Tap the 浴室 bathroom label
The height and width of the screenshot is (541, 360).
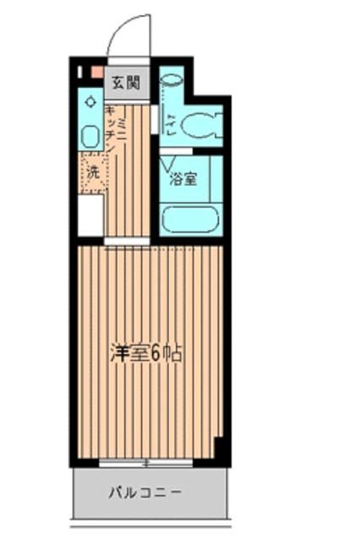[x=184, y=179]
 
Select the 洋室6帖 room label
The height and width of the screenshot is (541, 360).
[x=146, y=354]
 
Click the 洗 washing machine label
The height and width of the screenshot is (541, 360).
[x=92, y=172]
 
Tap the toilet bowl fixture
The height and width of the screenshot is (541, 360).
[x=200, y=124]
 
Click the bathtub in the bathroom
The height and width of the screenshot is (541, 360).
[x=190, y=219]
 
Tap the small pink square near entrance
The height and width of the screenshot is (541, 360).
[x=97, y=73]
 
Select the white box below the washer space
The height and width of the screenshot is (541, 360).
[x=90, y=216]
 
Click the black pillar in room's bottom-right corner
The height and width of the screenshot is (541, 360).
[x=220, y=449]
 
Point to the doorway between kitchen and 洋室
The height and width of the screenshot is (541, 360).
[x=127, y=243]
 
